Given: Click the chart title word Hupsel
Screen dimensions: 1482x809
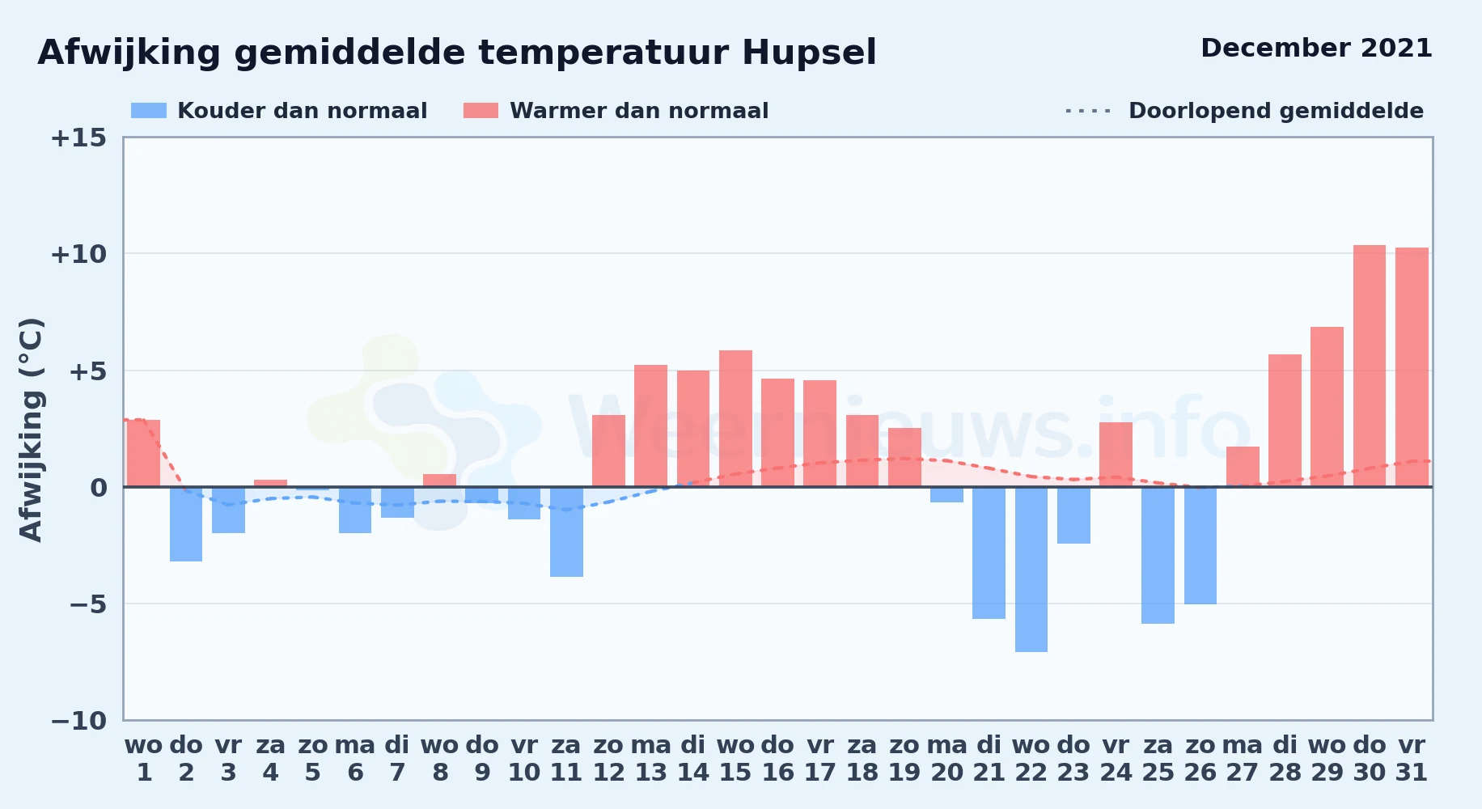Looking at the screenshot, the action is coord(809,53).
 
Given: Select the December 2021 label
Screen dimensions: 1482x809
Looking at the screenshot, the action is coord(1316,48).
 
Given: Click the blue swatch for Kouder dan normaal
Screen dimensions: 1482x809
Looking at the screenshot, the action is coord(149,111).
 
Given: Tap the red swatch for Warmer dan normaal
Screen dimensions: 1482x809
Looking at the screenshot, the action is coord(481,111).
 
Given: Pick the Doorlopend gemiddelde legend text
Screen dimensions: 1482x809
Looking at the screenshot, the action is coord(1276,111).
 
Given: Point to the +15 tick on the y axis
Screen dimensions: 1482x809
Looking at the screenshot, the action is coord(78,138).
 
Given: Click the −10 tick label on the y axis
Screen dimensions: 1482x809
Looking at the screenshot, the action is coord(78,721).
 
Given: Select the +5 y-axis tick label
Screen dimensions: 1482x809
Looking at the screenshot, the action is coord(87,371).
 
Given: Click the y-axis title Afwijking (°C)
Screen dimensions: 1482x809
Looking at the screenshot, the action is coord(31,430).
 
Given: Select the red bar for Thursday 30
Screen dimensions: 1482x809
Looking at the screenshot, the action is coord(1370,366).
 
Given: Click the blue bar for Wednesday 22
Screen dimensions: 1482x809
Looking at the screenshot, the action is coord(1031,570).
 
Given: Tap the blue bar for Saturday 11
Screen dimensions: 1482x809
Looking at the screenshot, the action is coord(566,532).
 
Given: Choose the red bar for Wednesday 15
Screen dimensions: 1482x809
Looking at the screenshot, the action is coord(735,418).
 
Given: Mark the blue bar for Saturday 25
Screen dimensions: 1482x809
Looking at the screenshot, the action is coord(1158,555).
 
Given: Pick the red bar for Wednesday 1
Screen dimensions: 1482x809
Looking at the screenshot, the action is coord(144,453).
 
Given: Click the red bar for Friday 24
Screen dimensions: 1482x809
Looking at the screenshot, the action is coord(1116,455).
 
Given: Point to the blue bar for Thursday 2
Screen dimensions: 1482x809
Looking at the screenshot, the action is coord(186,524).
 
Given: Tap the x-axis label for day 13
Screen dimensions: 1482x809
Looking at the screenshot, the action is coord(651,759).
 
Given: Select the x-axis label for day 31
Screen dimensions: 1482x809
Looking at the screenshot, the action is coord(1412,759).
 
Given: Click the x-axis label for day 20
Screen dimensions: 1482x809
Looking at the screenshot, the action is coord(946,759).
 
